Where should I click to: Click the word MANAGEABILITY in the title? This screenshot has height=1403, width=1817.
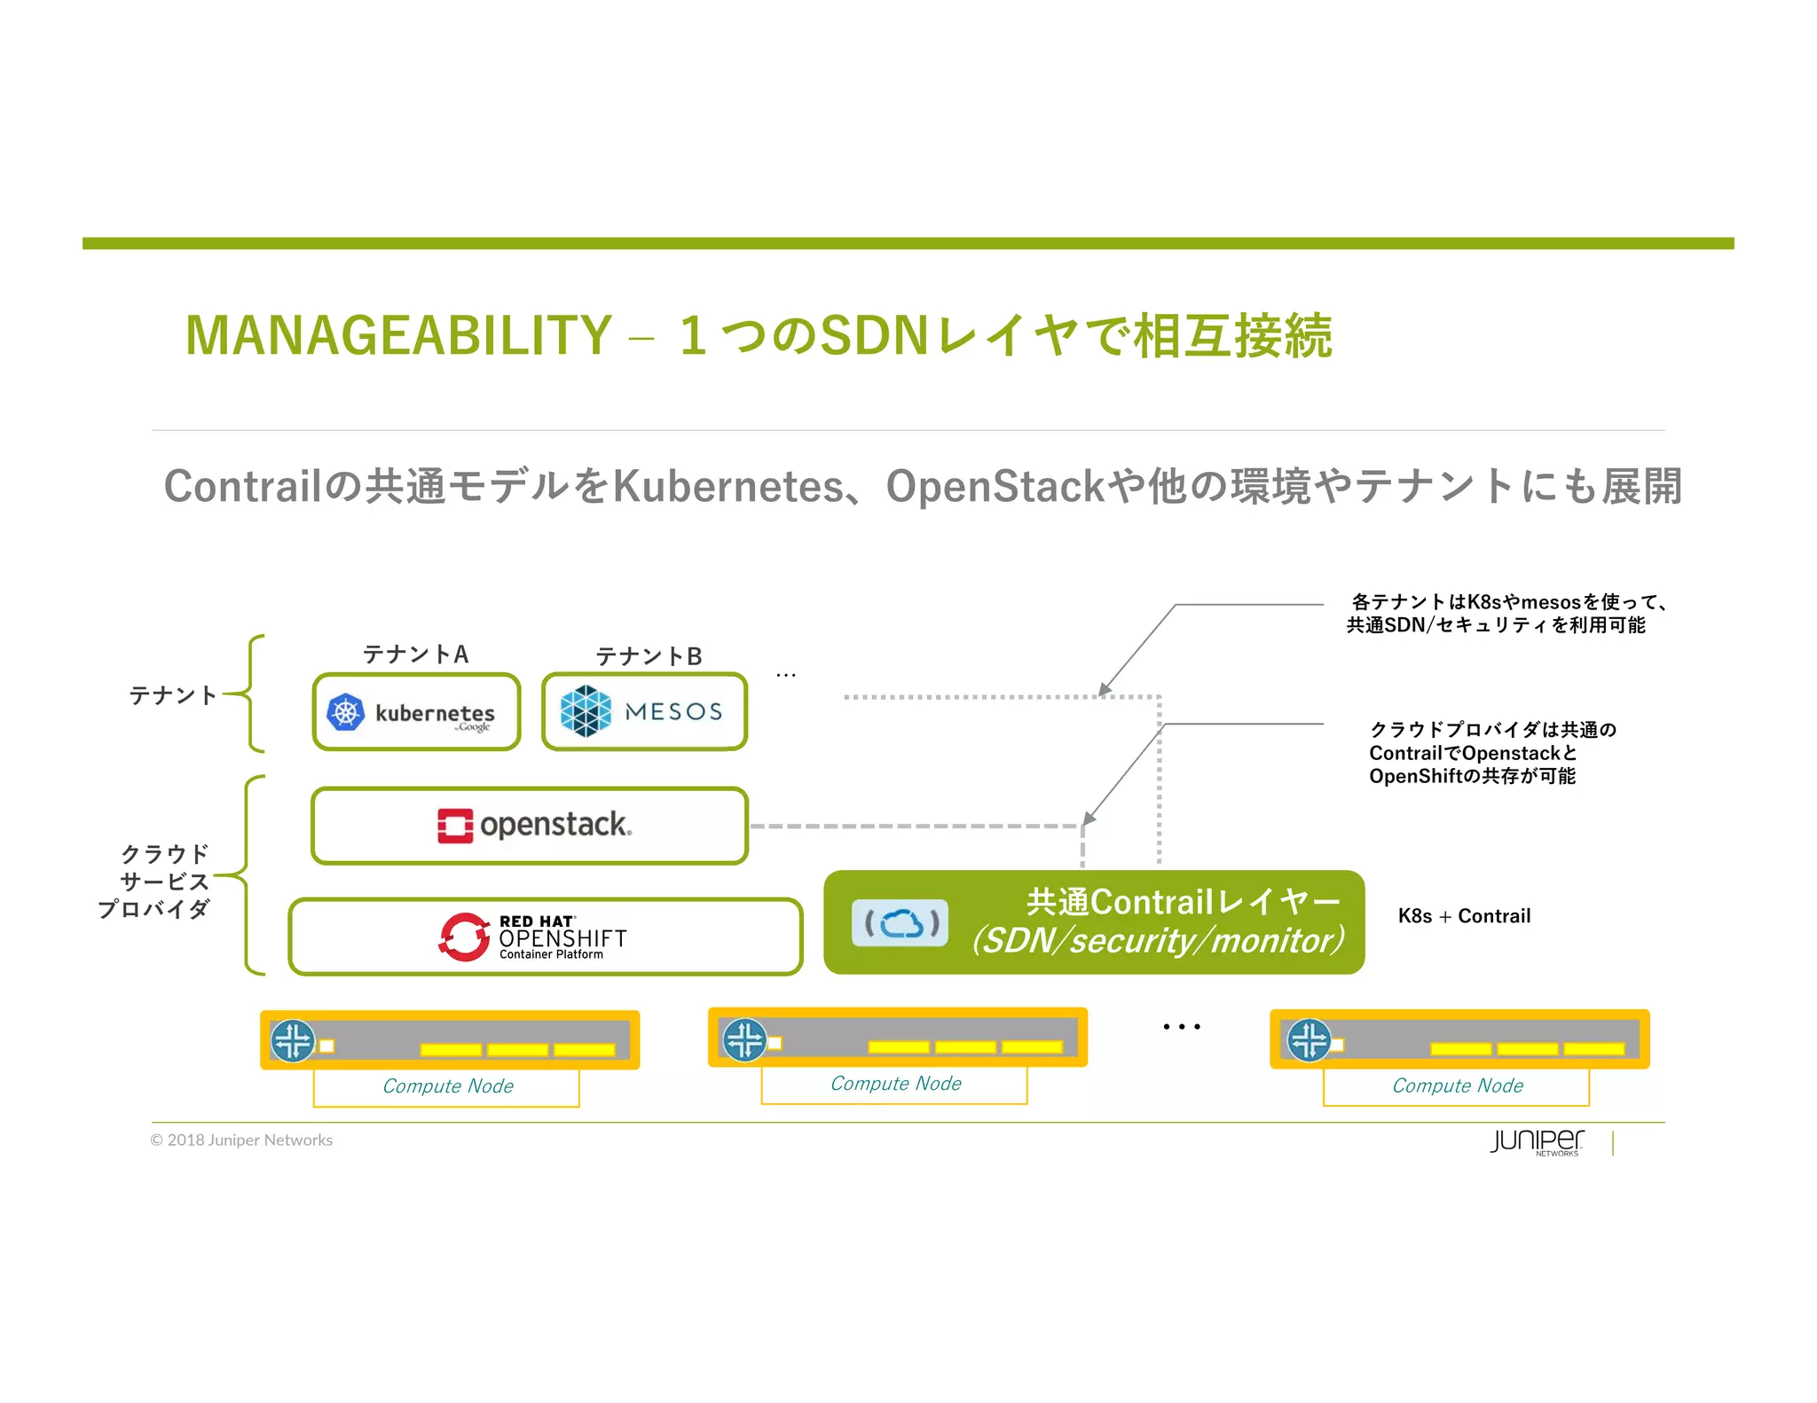[x=398, y=335]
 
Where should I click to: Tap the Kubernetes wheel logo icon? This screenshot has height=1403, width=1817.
[x=346, y=712]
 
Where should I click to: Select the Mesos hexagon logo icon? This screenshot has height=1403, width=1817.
[x=586, y=711]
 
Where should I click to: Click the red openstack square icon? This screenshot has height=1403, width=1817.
[x=455, y=825]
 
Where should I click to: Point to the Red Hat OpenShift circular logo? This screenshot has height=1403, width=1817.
[x=464, y=937]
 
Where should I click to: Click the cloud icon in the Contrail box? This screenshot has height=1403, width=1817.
[x=901, y=923]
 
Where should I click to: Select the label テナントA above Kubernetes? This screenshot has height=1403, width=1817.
[x=415, y=654]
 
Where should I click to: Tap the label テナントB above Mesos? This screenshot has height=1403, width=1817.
[x=649, y=656]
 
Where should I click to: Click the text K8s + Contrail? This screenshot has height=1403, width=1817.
[x=1464, y=916]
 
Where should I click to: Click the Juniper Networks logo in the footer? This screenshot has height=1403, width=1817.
[x=1537, y=1141]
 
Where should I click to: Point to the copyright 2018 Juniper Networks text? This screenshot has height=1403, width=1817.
[x=241, y=1140]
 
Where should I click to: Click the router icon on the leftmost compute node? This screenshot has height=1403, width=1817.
[x=293, y=1040]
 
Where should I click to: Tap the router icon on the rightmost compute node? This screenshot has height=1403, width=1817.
[x=1309, y=1040]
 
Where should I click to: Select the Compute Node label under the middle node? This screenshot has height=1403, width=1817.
[x=895, y=1084]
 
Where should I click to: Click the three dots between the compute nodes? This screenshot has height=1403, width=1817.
[x=1182, y=1027]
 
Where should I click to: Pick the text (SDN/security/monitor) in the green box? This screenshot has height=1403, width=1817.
[x=1158, y=941]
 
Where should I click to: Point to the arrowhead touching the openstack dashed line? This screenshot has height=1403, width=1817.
[x=1089, y=819]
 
